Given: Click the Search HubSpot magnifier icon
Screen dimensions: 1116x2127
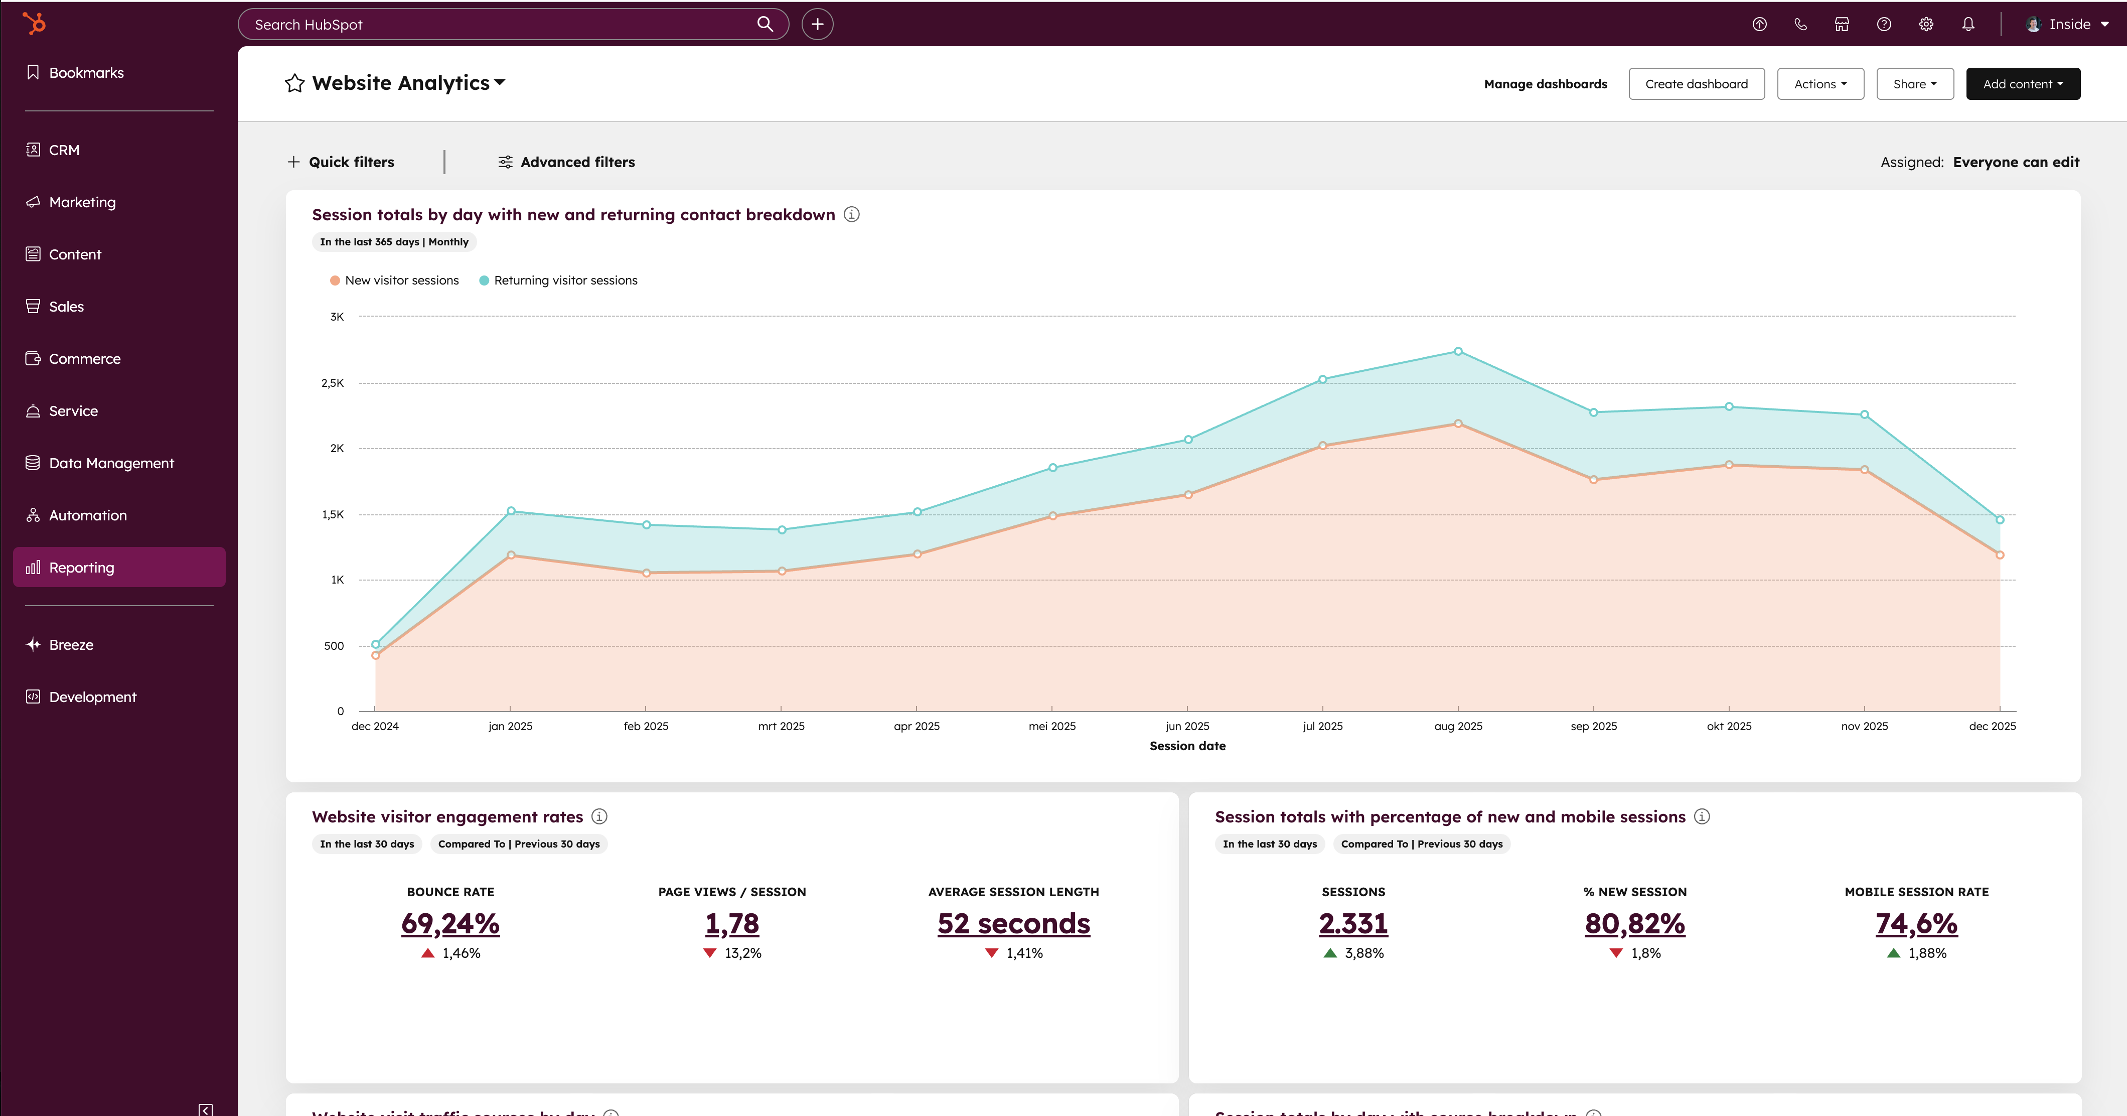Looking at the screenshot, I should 765,24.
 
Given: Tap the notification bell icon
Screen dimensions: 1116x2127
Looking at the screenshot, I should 1967,24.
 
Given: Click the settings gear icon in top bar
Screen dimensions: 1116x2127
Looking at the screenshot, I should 1925,24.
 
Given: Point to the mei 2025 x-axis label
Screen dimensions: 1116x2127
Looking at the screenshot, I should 1052,726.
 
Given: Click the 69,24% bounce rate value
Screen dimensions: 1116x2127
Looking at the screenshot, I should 450,923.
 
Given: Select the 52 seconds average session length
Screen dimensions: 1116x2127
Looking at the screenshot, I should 1013,923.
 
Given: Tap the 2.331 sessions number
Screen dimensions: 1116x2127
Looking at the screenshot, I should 1352,923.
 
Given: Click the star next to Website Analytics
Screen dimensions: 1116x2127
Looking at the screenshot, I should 295,83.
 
